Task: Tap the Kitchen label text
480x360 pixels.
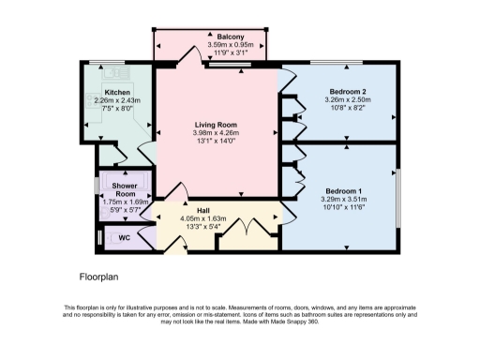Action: pyautogui.click(x=117, y=92)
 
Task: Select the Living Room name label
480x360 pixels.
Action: pyautogui.click(x=215, y=125)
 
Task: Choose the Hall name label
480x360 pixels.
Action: pyautogui.click(x=202, y=210)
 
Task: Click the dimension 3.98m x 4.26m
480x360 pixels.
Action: pyautogui.click(x=215, y=133)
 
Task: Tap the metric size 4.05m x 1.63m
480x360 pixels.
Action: pyautogui.click(x=202, y=218)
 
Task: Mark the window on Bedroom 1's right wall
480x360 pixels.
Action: pyautogui.click(x=397, y=197)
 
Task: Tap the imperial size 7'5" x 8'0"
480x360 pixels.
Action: pyautogui.click(x=117, y=109)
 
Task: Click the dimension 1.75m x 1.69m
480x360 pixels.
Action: pyautogui.click(x=125, y=201)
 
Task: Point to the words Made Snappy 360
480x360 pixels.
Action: pyautogui.click(x=303, y=322)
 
